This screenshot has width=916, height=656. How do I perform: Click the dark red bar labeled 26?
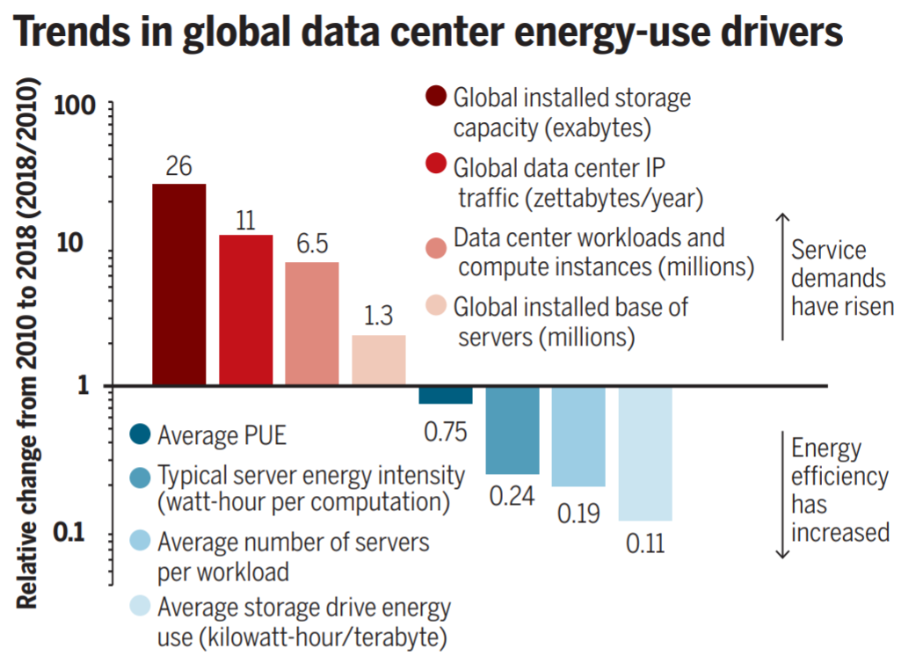coord(179,284)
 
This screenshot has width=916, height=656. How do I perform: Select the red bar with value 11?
coord(246,310)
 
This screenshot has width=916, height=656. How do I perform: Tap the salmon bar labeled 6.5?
coord(312,324)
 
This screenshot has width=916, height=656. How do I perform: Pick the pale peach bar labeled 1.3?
coord(379,360)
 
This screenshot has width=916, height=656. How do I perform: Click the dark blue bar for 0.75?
coord(446,396)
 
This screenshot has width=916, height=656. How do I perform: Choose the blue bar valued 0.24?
coord(513,430)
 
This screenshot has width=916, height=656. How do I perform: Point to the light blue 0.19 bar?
coord(578,436)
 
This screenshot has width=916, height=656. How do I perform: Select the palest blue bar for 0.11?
coord(645,454)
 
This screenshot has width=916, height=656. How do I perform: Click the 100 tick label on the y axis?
coord(75,106)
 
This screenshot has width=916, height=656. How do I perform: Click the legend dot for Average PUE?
coord(140,434)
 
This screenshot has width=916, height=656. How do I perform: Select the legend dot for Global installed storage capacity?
coord(435,96)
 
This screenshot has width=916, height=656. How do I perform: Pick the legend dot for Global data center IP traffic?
coord(435,165)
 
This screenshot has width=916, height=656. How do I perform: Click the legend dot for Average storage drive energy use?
coord(140,606)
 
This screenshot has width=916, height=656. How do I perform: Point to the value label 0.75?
coord(446,432)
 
